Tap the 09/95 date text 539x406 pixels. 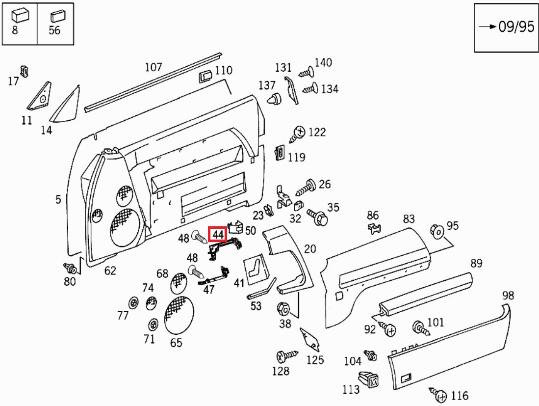516,27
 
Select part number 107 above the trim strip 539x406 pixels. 153,67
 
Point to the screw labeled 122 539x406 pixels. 297,133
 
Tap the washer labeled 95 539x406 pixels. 436,231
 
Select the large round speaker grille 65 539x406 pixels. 178,315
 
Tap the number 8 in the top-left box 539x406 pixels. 15,30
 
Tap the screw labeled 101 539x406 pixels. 421,327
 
